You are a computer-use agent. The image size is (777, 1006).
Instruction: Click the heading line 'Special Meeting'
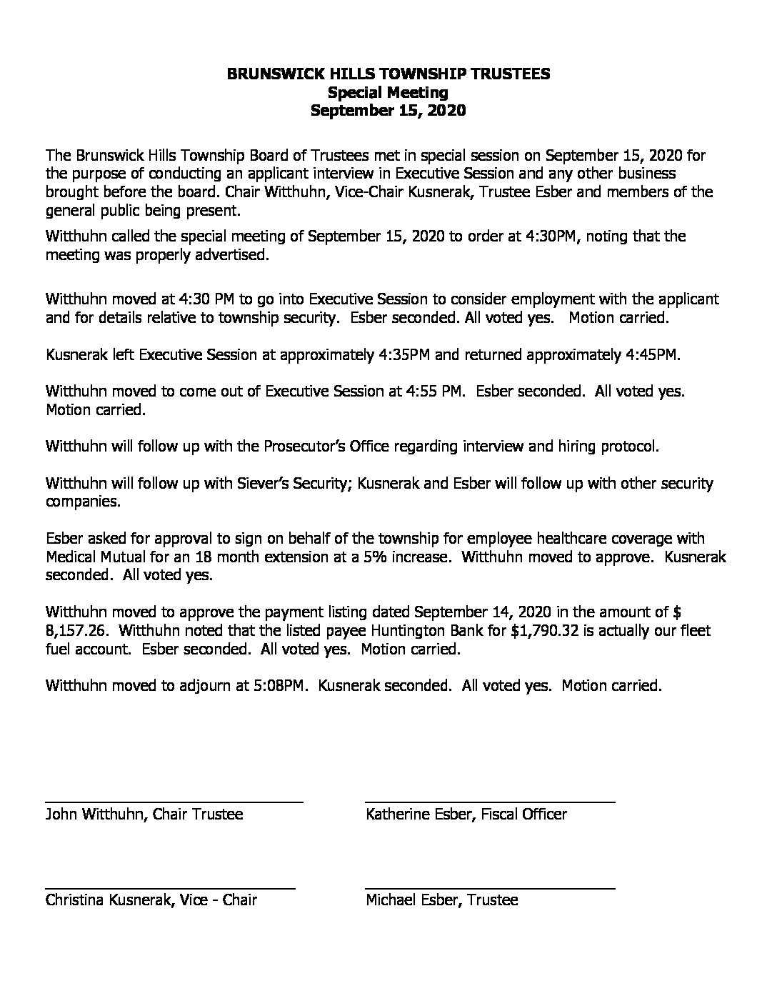tap(388, 92)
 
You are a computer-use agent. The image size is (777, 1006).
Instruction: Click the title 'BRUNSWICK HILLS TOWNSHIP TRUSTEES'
tap(388, 74)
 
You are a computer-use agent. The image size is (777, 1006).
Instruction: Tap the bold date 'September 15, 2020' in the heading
tap(388, 111)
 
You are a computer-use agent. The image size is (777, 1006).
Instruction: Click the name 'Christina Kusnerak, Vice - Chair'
tap(151, 900)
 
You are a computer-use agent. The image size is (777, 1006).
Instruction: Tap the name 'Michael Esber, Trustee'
tap(441, 900)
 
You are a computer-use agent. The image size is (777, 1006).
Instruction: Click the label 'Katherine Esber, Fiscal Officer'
tap(466, 815)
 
